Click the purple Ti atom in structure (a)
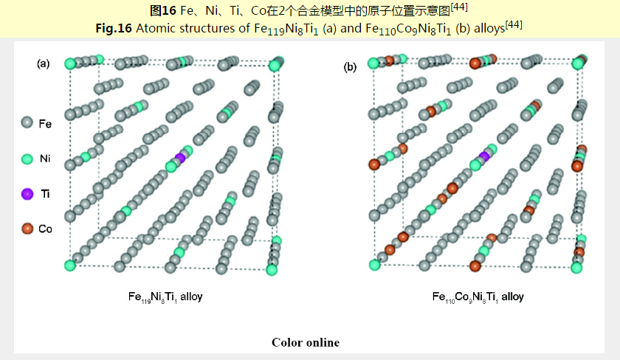(181, 158)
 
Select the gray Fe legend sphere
(27, 123)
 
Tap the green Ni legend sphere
(27, 159)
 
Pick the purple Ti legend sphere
(27, 194)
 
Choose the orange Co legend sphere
(27, 229)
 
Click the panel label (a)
(44, 63)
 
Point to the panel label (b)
(350, 67)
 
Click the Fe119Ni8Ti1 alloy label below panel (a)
(165, 297)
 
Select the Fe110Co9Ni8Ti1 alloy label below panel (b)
(478, 297)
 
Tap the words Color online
(306, 342)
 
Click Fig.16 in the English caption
(113, 27)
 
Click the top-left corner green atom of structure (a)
(71, 63)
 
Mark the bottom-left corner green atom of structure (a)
(71, 266)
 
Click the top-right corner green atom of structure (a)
(275, 66)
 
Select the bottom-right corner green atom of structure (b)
(577, 267)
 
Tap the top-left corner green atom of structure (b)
(373, 63)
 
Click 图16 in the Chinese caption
(162, 10)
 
